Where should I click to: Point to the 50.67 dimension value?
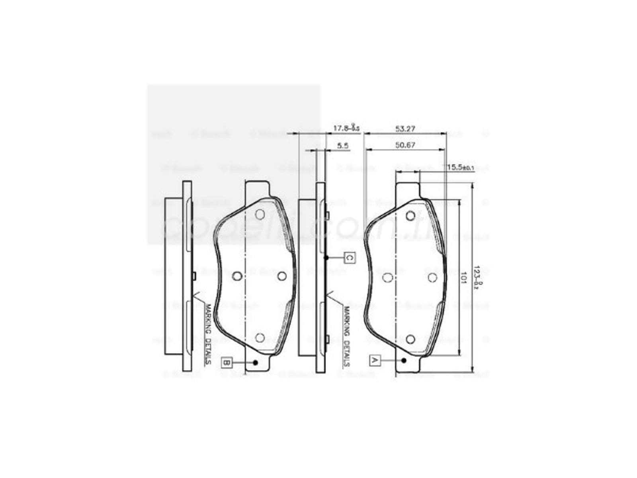click(x=405, y=145)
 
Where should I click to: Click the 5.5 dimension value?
click(x=343, y=146)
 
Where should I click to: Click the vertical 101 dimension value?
click(x=463, y=277)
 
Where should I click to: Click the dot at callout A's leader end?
click(x=404, y=360)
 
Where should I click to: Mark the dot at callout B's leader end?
click(x=256, y=362)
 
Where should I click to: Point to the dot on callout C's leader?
click(x=326, y=258)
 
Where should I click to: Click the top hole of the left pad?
click(x=260, y=215)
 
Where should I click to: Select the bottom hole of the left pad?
click(x=260, y=338)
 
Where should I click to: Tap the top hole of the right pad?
click(x=410, y=216)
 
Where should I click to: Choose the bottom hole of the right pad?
click(x=410, y=339)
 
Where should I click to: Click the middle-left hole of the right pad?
click(x=387, y=277)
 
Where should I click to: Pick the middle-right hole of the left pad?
click(x=282, y=276)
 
